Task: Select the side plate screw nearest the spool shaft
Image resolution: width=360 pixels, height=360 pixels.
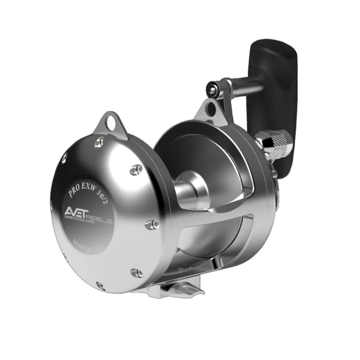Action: click(x=136, y=170)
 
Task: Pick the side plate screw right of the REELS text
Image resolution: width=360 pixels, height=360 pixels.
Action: click(x=153, y=224)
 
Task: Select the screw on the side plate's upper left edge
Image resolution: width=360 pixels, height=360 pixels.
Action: click(x=64, y=157)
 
